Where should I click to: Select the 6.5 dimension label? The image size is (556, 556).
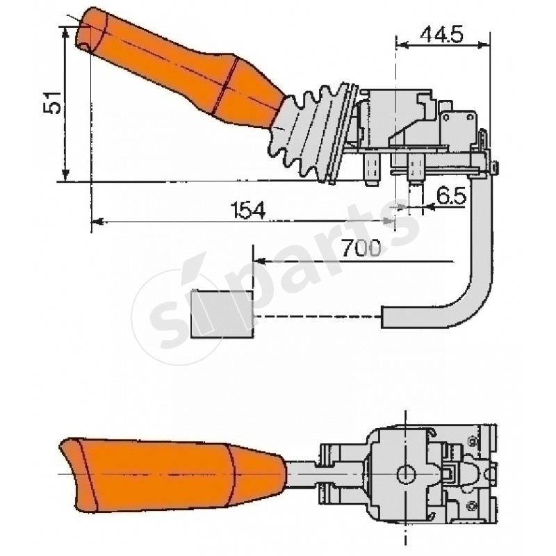tap(451, 196)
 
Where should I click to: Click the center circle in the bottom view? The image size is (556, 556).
tap(405, 474)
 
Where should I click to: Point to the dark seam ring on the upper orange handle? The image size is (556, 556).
tap(226, 83)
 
